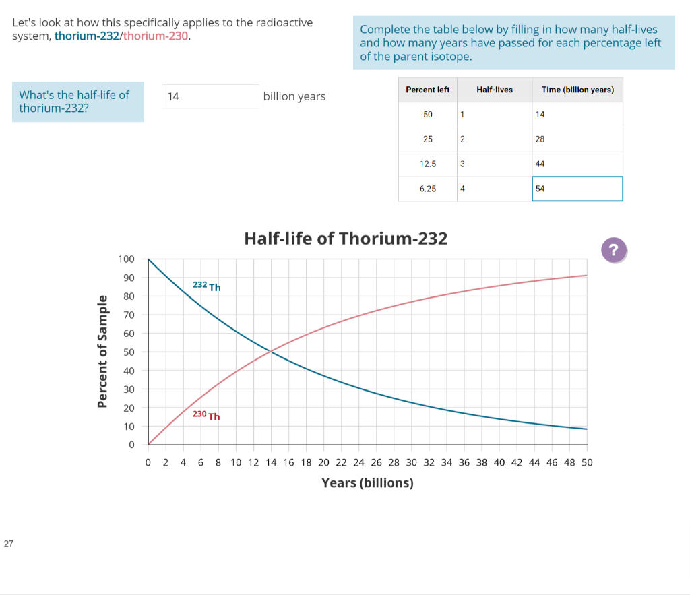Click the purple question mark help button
pos(613,250)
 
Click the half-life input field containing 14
pos(210,96)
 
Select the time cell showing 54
pos(577,189)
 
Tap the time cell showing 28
pos(577,139)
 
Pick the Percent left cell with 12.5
pos(427,164)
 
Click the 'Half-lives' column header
pos(494,90)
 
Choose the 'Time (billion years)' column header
pos(577,90)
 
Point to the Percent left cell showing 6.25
pos(427,189)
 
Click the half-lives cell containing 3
pos(494,164)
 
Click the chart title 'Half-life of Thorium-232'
pos(345,239)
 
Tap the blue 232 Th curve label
pos(206,286)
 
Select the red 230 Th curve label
pos(206,415)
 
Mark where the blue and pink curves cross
pos(271,351)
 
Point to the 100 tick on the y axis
pos(126,259)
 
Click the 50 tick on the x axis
pos(586,462)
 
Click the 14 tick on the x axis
pos(270,462)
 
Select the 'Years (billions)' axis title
pos(367,482)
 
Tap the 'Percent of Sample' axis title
pos(102,351)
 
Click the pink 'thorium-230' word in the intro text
pos(156,36)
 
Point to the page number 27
pos(8,544)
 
